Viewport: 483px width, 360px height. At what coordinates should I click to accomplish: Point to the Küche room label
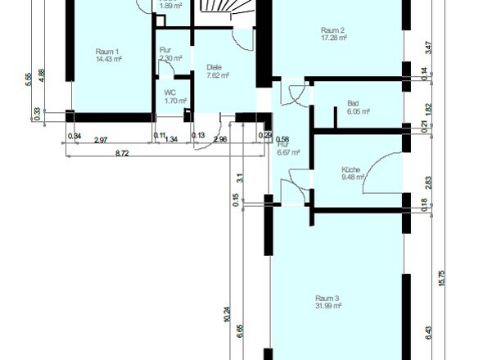(350, 170)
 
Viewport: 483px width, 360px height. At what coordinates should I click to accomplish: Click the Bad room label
(353, 103)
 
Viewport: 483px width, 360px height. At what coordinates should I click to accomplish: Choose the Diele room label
(214, 67)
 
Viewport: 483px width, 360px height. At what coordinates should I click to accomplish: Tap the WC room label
(170, 92)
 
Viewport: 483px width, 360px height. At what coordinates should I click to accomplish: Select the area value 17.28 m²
(334, 37)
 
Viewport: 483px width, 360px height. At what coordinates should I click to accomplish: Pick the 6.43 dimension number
(427, 330)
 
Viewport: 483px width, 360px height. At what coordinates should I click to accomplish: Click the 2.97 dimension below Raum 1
(101, 140)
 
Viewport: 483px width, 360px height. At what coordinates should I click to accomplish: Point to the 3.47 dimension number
(427, 47)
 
